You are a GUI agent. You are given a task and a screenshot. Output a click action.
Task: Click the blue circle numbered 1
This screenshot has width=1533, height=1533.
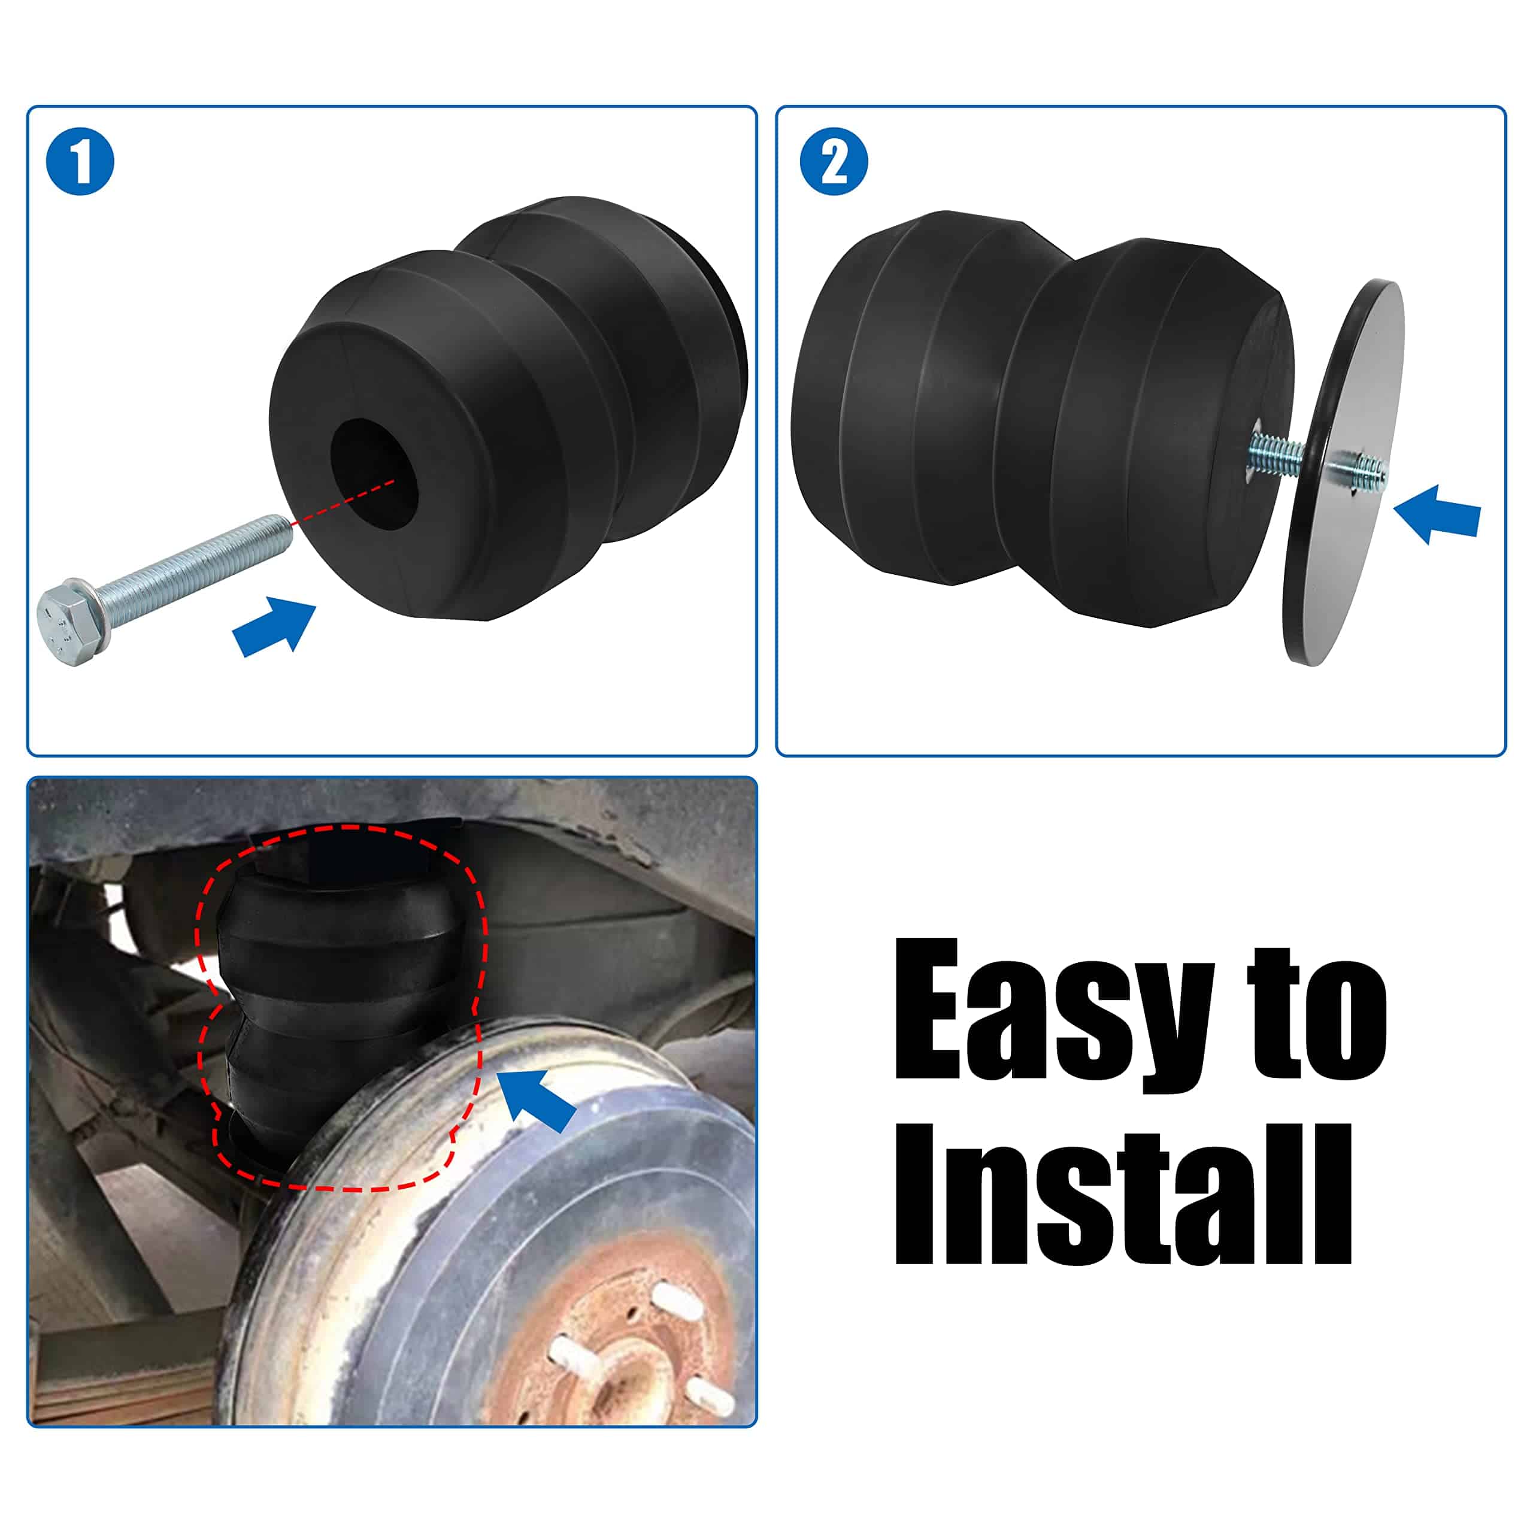(x=80, y=161)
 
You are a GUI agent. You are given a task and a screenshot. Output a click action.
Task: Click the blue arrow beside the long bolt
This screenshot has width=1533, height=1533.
(x=274, y=627)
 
